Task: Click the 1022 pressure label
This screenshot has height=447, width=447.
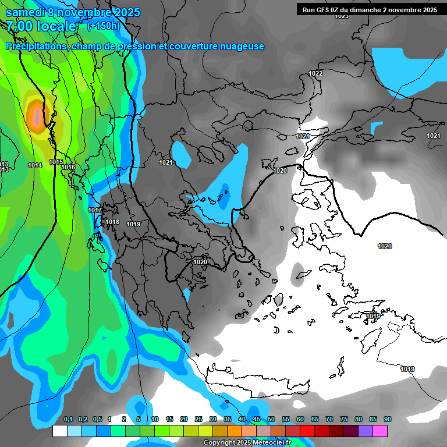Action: tap(315, 73)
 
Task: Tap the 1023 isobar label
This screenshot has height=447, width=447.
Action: tap(342, 16)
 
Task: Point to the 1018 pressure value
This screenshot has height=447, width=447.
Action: tap(112, 222)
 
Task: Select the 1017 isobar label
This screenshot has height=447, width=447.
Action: tap(95, 210)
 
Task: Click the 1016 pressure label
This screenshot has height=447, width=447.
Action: tap(68, 167)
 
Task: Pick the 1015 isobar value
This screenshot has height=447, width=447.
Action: tap(56, 162)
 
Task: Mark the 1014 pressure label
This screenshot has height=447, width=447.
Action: tap(35, 165)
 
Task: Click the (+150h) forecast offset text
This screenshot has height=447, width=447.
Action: tap(103, 26)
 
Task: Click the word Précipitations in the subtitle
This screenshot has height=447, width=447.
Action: tap(36, 46)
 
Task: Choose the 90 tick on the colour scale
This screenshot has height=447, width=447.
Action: tap(387, 419)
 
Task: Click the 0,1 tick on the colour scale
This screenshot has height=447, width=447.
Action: tap(68, 419)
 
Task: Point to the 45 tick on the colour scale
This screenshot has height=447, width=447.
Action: tap(257, 419)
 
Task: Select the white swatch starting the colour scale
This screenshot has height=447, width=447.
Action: tap(59, 431)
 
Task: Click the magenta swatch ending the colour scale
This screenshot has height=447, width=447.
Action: tap(380, 431)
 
